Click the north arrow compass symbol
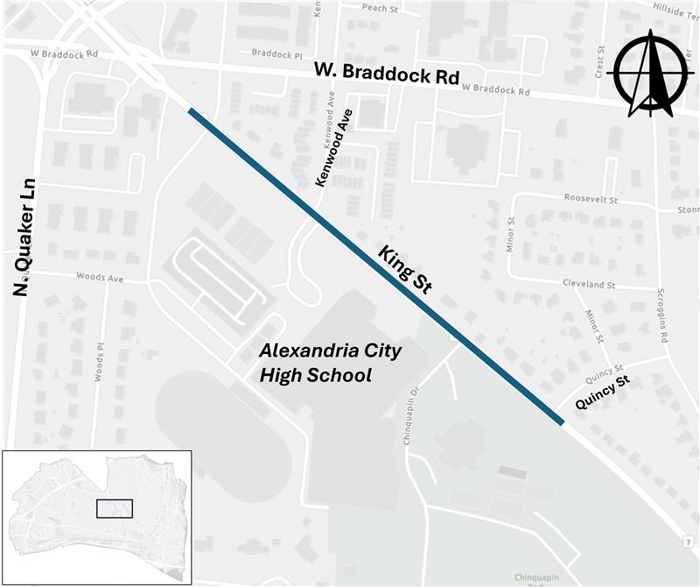click(x=649, y=74)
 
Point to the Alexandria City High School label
click(x=331, y=364)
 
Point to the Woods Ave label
click(x=100, y=279)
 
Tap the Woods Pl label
click(x=98, y=361)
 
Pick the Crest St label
click(x=600, y=62)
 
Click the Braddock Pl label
click(x=276, y=53)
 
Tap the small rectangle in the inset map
click(x=115, y=510)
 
